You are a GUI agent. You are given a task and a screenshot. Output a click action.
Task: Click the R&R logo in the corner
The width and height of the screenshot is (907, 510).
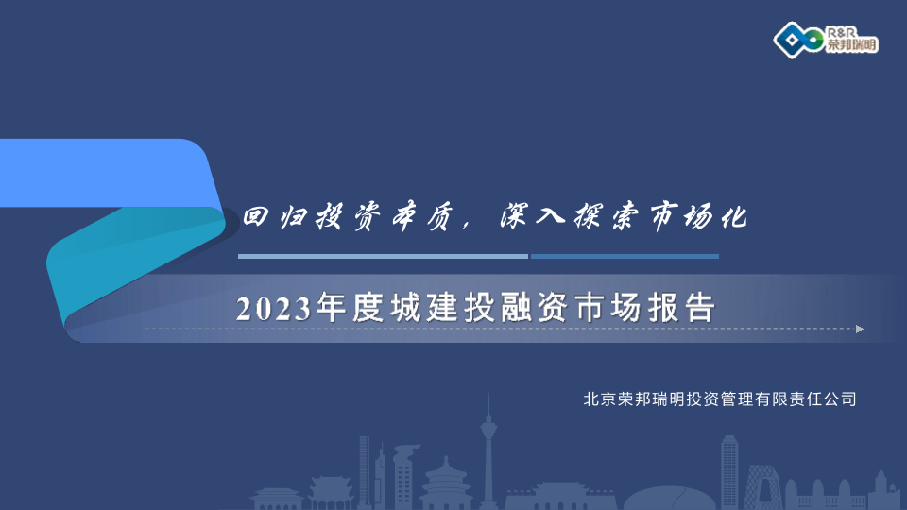[826, 40]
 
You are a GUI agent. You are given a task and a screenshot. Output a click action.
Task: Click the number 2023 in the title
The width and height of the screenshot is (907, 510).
[273, 308]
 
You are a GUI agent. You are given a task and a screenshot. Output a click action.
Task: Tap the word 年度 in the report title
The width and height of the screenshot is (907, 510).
[349, 307]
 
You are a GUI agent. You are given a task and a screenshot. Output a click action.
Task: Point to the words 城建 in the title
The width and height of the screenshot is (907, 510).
[423, 307]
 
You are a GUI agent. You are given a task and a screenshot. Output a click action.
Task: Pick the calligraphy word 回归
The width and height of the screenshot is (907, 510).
[276, 217]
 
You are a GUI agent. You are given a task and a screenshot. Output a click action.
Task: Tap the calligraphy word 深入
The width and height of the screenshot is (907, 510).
[532, 217]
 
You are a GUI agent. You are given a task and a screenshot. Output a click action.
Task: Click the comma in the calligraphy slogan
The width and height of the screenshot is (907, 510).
[467, 226]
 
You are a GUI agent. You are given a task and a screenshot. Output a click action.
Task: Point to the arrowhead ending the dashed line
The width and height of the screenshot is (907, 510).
[860, 329]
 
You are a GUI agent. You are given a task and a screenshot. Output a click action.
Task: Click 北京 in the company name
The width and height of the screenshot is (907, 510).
[599, 399]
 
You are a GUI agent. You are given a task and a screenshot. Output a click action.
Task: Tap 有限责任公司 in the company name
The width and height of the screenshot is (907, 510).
[805, 399]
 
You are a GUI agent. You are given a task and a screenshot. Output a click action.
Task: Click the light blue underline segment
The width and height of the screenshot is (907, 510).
[383, 256]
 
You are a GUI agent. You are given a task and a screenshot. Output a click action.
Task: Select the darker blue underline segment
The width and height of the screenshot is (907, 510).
[625, 256]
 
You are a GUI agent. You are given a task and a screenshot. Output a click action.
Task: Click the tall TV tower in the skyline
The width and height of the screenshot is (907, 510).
[488, 451]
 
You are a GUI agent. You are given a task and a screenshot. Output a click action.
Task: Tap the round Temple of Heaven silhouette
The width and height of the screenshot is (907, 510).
[446, 483]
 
